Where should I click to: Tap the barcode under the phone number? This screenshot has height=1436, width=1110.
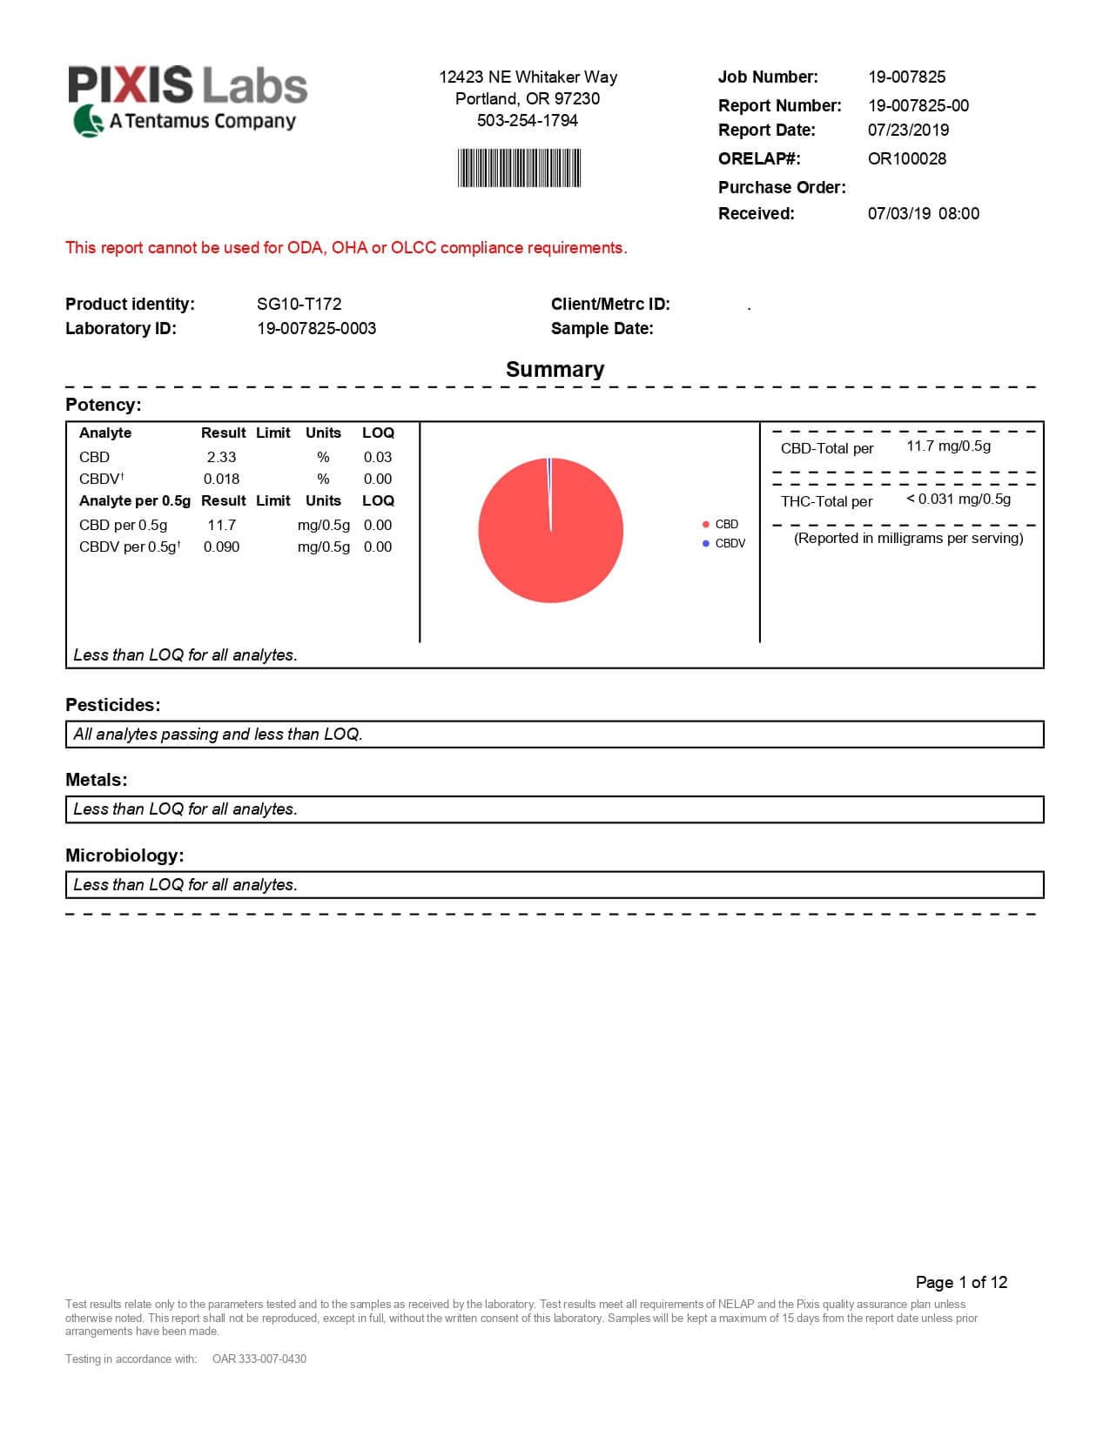pos(519,168)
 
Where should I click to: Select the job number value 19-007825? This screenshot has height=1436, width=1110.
pos(906,77)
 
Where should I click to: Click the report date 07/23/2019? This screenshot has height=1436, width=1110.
pos(908,130)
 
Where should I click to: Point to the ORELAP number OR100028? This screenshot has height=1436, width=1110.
pos(906,158)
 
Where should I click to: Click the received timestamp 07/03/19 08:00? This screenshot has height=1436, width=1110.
pos(923,213)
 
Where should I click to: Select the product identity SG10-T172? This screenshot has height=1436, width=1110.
pos(299,304)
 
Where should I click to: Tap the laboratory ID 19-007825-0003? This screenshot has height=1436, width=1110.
pos(316,328)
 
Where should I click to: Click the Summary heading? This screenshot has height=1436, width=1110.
pos(555,369)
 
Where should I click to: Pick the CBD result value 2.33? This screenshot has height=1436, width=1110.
pos(221,457)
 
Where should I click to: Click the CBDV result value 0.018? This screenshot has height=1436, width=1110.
pos(221,479)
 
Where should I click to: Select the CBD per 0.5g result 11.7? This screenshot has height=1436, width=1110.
pos(221,525)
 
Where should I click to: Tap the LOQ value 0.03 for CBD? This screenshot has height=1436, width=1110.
pos(378,457)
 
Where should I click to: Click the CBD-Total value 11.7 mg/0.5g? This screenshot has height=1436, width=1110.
pos(948,446)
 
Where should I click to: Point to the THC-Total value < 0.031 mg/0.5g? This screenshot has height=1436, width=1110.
pos(959,499)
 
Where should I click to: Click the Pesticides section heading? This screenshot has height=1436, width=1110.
pos(113,705)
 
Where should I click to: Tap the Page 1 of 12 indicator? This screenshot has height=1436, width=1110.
pos(961,1282)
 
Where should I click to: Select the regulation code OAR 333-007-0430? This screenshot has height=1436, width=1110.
pos(259,1359)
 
